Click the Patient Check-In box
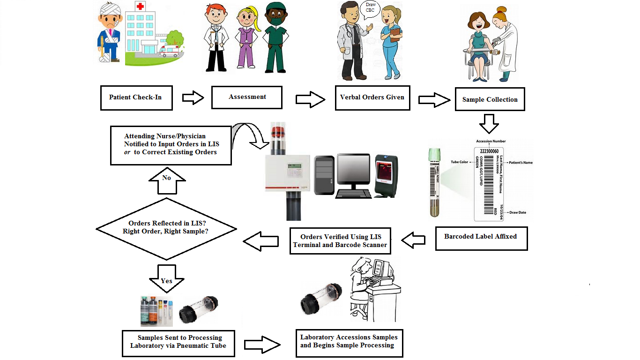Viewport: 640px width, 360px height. [136, 97]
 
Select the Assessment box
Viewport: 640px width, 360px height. [247, 97]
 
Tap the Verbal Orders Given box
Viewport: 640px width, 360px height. [372, 97]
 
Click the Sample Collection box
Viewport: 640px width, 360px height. [490, 99]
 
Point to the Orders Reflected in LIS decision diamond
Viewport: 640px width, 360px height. [166, 227]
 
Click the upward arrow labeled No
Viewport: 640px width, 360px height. [166, 180]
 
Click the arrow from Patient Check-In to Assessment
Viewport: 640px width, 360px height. [193, 98]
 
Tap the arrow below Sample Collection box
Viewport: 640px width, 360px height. [489, 123]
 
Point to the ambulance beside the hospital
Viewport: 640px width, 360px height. [169, 51]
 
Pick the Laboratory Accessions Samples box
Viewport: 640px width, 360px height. [349, 341]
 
